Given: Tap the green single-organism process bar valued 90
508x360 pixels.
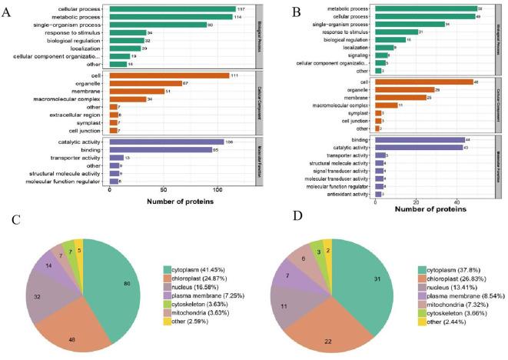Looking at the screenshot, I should [x=158, y=25].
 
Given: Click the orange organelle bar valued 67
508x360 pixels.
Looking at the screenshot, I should [x=145, y=83].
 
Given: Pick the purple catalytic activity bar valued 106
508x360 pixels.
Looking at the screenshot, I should [x=166, y=142].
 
